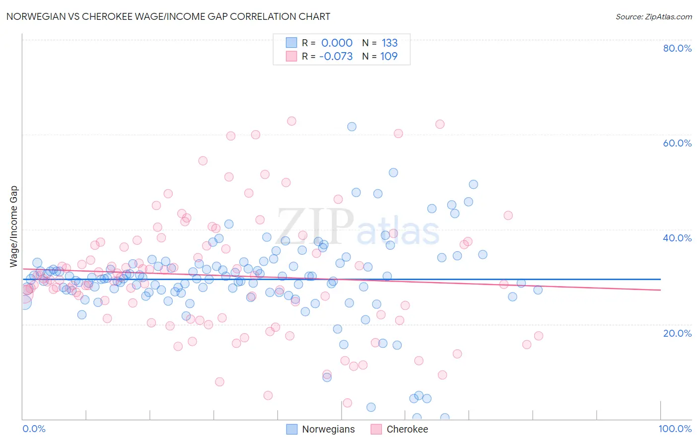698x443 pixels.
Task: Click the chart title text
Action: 168,16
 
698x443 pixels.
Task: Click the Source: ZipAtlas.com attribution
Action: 653,16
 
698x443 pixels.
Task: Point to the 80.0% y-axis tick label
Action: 677,48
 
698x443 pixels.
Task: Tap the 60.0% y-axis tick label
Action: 677,143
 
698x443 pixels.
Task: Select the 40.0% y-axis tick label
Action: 677,238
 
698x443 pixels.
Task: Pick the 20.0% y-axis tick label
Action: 677,333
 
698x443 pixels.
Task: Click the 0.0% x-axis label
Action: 34,429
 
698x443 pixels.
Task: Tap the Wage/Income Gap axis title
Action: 14,226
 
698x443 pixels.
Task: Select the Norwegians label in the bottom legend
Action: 328,429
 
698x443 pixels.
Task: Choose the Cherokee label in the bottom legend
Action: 407,429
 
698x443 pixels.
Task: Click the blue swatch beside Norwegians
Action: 292,429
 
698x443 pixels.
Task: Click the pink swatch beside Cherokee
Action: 376,429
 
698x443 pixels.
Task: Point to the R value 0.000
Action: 337,43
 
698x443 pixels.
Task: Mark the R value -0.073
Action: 336,56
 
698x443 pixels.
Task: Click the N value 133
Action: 389,43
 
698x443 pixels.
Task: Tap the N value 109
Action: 389,56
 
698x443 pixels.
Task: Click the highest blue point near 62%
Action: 351,127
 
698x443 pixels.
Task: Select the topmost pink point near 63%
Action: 291,121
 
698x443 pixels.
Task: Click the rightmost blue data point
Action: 538,290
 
